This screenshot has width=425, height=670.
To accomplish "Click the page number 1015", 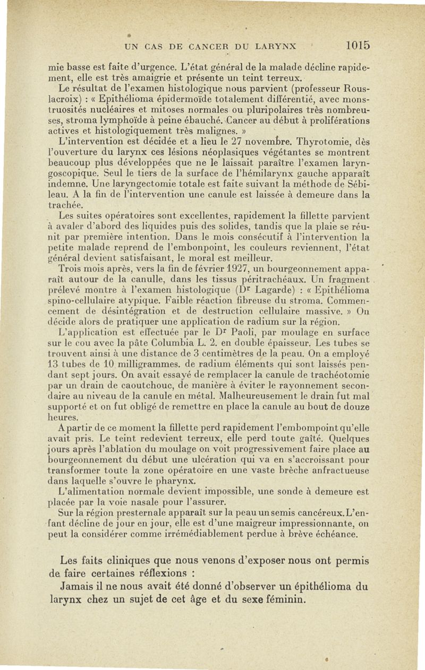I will [x=356, y=45].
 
